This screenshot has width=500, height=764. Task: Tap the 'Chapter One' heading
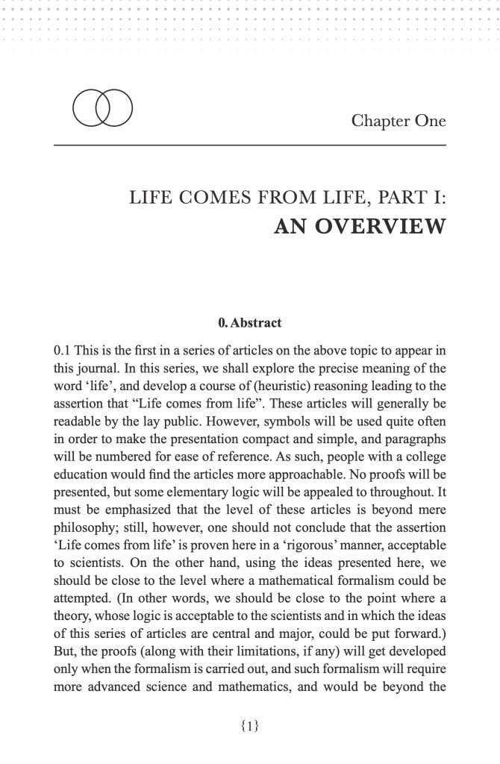coord(399,119)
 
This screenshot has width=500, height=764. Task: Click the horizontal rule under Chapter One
coord(250,144)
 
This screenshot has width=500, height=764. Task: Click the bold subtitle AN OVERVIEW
coord(360,227)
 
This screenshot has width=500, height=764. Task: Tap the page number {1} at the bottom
coord(250,724)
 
